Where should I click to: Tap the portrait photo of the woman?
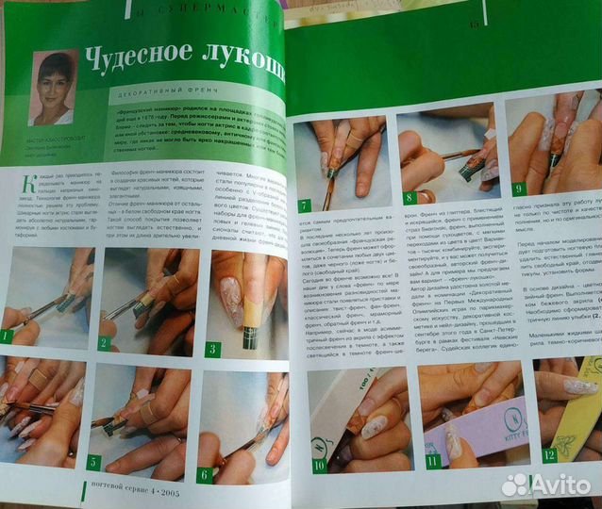(54, 88)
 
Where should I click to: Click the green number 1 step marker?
(8, 336)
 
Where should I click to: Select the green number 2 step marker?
(104, 343)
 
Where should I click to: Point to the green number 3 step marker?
(211, 348)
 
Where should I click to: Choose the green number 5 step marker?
(93, 462)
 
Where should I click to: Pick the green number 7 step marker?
(304, 205)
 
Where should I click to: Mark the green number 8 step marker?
(410, 198)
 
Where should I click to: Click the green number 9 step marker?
(518, 189)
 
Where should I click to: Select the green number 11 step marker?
(433, 461)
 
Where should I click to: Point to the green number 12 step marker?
(548, 455)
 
